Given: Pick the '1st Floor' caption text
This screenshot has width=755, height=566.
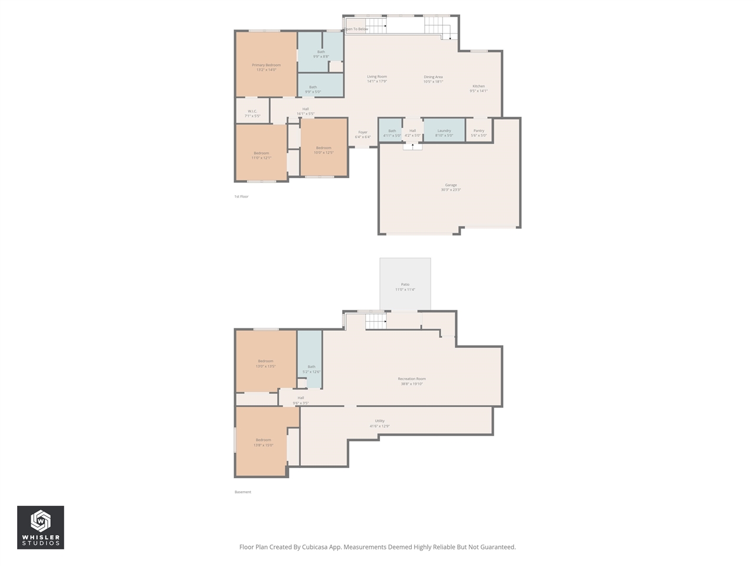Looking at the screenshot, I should tap(241, 196).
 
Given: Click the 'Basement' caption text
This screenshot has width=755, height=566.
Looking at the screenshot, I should tap(242, 492).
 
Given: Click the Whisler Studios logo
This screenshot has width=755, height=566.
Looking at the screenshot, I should tap(40, 527).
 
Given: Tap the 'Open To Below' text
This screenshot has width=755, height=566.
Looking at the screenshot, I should tap(357, 29).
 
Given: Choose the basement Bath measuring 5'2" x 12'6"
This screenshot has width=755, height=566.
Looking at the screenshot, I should tap(311, 369).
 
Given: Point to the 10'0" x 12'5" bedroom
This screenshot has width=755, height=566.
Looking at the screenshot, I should tap(323, 150).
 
